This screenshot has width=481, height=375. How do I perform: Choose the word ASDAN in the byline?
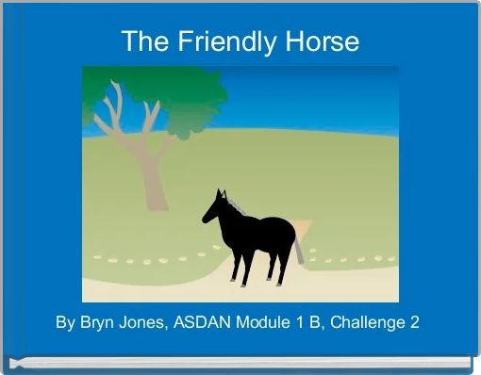(208, 322)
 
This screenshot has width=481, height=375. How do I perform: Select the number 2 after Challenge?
(415, 322)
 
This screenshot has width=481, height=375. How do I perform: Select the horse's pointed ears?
(220, 193)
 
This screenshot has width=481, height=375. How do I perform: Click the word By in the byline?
(65, 322)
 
